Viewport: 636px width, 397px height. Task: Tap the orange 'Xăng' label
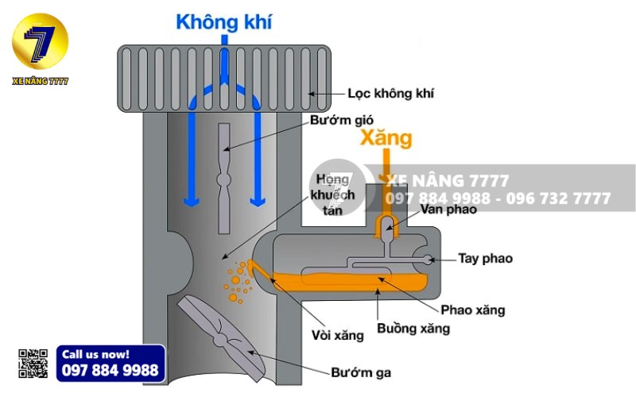(x=386, y=138)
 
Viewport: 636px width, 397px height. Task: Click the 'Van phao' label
(x=450, y=210)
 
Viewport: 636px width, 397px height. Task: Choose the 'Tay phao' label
(x=485, y=258)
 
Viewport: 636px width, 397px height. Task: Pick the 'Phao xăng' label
(x=472, y=310)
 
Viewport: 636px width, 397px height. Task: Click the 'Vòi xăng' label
(x=338, y=335)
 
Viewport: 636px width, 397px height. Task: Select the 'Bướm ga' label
(x=362, y=372)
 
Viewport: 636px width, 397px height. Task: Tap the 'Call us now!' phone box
(x=111, y=364)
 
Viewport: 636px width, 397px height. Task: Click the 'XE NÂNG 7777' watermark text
(x=447, y=181)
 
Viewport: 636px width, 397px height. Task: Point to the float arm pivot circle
(x=430, y=259)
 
